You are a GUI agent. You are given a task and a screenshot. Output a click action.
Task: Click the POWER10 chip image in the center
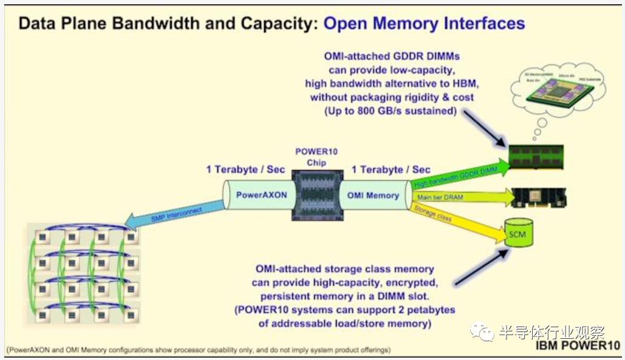[x=316, y=194]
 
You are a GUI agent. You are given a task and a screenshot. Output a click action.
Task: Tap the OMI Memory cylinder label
[x=374, y=195]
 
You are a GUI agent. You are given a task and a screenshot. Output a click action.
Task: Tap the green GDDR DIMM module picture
[x=535, y=157]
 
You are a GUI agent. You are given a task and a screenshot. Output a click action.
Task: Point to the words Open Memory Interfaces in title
[x=424, y=24]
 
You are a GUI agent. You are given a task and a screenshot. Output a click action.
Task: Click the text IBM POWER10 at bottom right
[x=578, y=345]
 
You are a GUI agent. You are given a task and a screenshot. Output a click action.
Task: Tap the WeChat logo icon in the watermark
[x=486, y=333]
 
